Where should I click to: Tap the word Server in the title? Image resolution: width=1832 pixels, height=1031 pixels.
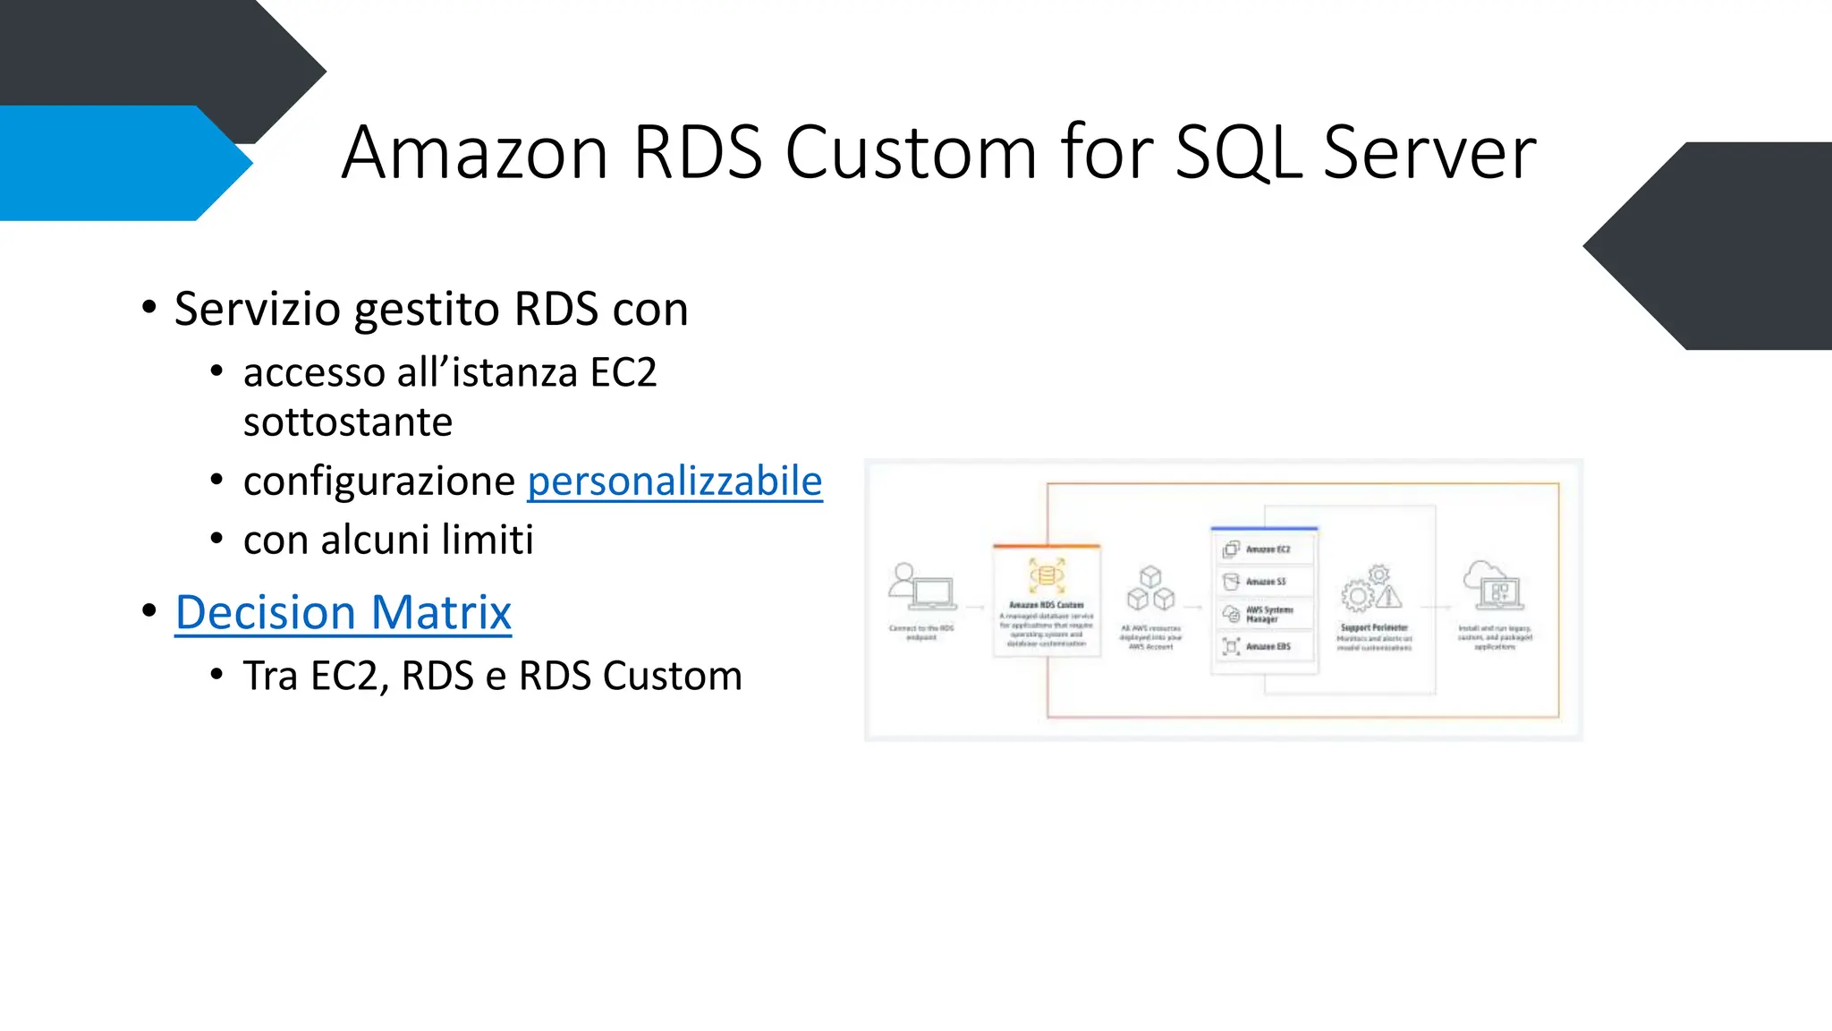tap(1429, 153)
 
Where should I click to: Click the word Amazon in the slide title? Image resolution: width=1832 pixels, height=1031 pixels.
tap(475, 153)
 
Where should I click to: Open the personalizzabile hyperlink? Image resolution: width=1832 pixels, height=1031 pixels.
tap(674, 481)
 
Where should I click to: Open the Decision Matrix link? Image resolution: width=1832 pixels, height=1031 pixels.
tap(343, 613)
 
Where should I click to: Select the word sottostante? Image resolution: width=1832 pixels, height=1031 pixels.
tap(348, 422)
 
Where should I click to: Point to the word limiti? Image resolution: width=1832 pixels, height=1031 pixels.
tap(494, 540)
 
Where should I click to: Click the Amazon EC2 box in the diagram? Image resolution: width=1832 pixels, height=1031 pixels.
tap(1263, 549)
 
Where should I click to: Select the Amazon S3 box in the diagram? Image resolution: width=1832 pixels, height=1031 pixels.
tap(1263, 581)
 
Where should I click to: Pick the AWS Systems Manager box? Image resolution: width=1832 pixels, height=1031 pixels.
tap(1263, 614)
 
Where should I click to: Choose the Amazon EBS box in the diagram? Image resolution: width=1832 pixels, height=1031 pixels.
tap(1263, 645)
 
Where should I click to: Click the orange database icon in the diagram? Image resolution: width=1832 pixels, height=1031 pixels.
tap(1046, 575)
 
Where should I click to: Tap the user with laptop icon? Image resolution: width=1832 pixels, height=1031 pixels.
tap(920, 587)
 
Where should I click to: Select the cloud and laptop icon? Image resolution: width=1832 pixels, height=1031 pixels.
tap(1493, 585)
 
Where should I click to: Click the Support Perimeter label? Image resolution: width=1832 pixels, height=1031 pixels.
tap(1374, 627)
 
